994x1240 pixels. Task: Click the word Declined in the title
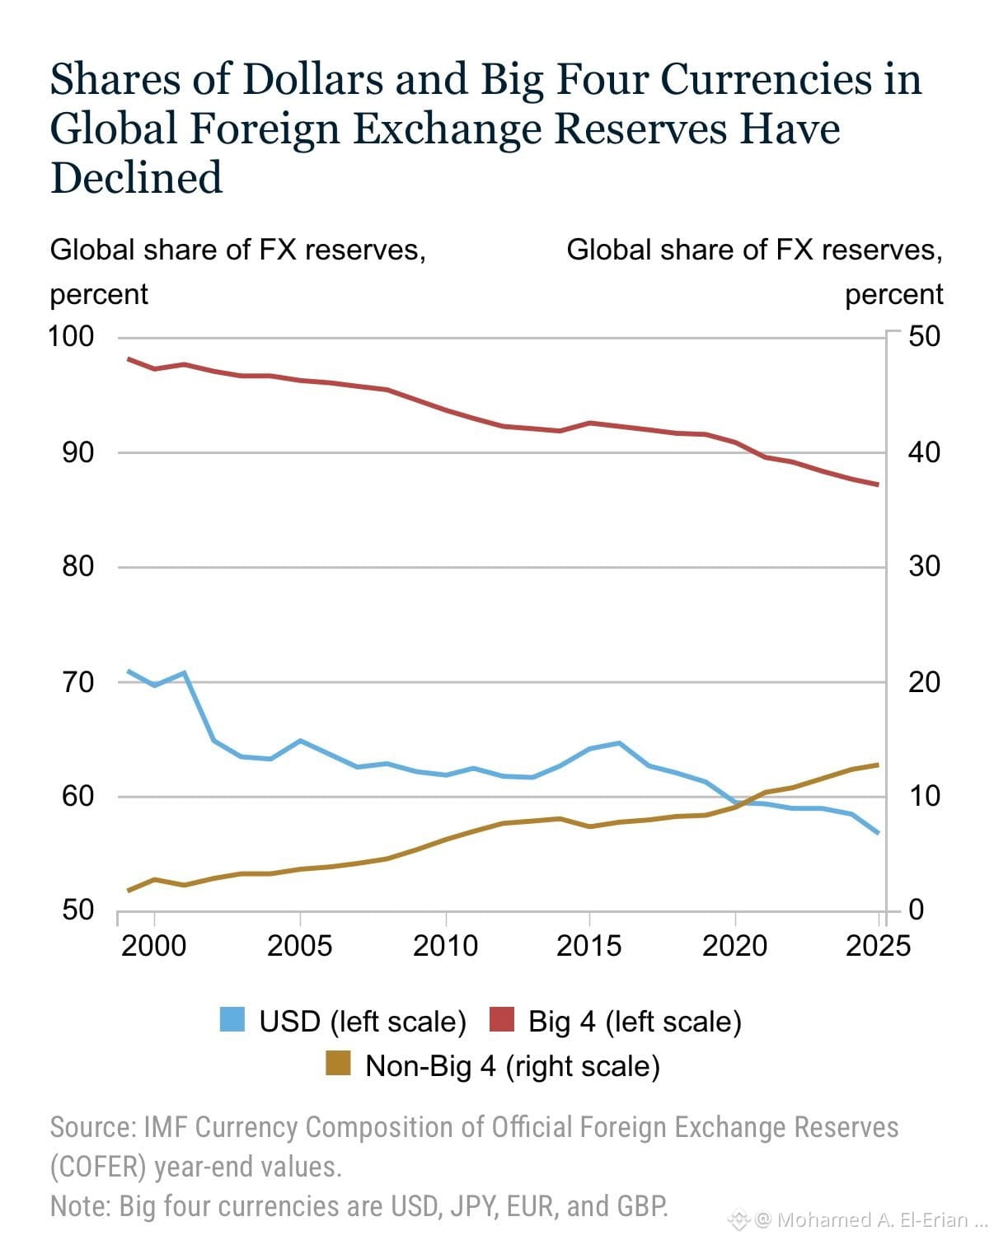pos(136,177)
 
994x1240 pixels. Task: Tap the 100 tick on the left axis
pos(70,336)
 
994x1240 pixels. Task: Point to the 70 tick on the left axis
pos(77,682)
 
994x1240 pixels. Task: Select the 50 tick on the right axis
pos(924,336)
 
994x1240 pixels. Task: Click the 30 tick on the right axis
pos(924,566)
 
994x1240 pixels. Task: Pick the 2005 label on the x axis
pos(300,946)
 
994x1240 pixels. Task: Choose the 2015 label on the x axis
pos(588,946)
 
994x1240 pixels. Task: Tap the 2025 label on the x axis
pos(878,946)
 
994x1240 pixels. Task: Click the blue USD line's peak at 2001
pos(184,672)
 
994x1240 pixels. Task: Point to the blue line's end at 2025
pos(878,833)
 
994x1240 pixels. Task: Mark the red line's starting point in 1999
pos(128,359)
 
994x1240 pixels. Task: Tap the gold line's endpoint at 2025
pos(878,765)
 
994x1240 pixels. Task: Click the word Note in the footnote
pos(79,1206)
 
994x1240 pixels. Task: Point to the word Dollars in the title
pos(314,79)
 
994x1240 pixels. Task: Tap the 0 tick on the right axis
pos(917,910)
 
